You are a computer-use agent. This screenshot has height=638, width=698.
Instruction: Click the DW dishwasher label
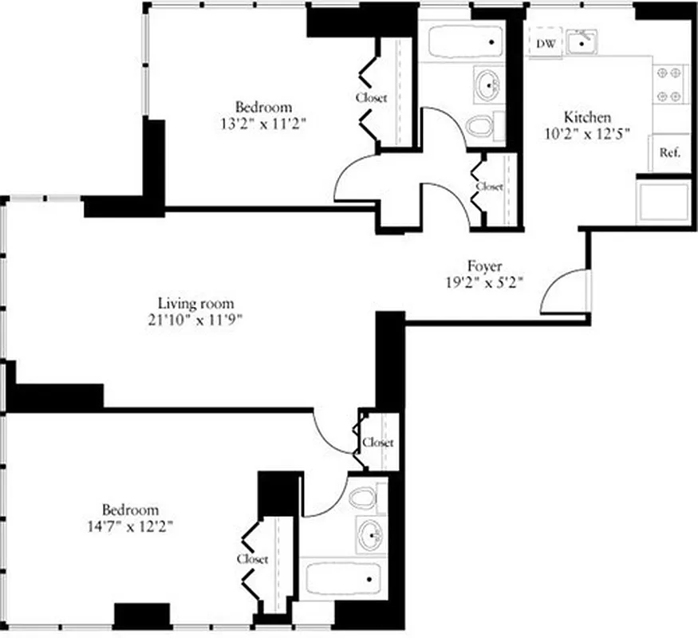coord(546,43)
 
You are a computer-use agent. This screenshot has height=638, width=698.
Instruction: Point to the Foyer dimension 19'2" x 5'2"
coord(485,282)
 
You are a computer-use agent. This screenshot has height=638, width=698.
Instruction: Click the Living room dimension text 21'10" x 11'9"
coord(195,319)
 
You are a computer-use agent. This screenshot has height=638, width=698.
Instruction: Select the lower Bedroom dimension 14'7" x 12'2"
coord(129,526)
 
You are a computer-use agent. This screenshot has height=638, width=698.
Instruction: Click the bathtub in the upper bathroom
coord(465,42)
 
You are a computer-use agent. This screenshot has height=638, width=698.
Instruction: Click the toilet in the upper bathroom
coord(481,125)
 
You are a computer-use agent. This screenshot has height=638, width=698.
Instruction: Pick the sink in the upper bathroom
coord(487,83)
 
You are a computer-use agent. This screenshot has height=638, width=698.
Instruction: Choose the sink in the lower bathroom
coord(371,535)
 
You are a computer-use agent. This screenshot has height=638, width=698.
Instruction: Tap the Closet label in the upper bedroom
coord(371,98)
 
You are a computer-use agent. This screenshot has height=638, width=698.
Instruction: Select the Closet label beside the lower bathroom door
coord(378,442)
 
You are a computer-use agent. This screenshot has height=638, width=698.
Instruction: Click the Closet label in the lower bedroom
coord(252,559)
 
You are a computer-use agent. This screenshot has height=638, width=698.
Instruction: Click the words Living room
coord(195,303)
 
